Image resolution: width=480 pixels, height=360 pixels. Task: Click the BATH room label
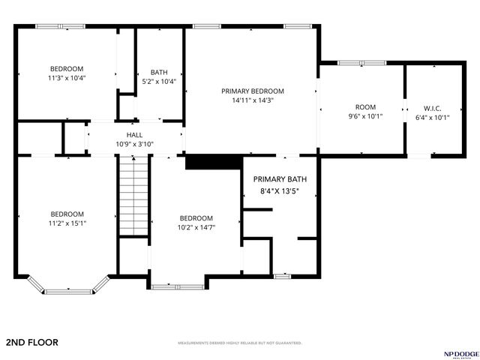pyautogui.click(x=159, y=73)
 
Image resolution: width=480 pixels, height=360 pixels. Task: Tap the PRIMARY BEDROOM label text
pyautogui.click(x=253, y=91)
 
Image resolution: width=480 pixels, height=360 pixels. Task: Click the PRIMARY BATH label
pyautogui.click(x=280, y=179)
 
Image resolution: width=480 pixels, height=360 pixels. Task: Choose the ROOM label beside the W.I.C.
pyautogui.click(x=365, y=107)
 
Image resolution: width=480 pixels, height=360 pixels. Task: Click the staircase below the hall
pyautogui.click(x=134, y=197)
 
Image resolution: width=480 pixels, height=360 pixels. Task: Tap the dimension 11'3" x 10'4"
pyautogui.click(x=67, y=78)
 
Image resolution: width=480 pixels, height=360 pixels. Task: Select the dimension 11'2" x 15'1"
pyautogui.click(x=67, y=223)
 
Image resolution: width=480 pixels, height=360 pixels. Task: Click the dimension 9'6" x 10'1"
pyautogui.click(x=365, y=117)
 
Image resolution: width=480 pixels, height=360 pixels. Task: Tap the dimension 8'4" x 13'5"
pyautogui.click(x=280, y=191)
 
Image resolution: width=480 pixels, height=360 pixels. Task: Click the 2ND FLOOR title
pyautogui.click(x=31, y=342)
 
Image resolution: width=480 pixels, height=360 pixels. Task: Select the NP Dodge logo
pyautogui.click(x=456, y=352)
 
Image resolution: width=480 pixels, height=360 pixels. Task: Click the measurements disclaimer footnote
pyautogui.click(x=239, y=343)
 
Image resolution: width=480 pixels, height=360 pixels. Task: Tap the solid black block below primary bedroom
pyautogui.click(x=213, y=163)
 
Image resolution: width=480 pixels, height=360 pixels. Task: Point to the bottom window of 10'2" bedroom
pyautogui.click(x=177, y=286)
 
